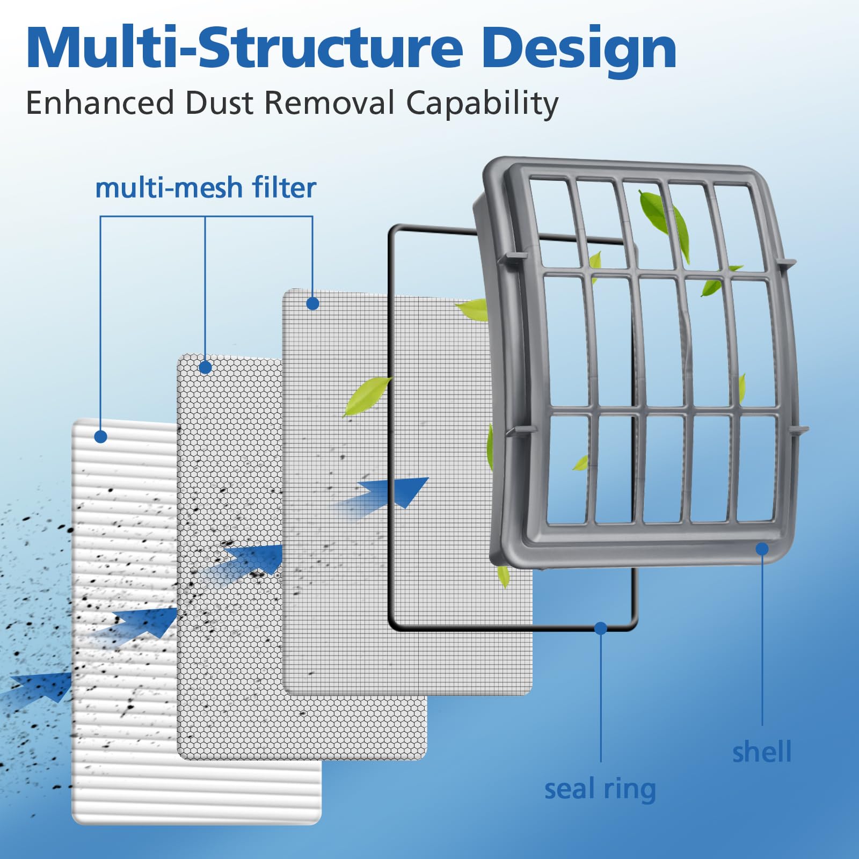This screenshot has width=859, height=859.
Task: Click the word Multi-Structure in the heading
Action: pos(244,48)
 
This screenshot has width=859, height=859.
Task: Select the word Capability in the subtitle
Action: pos(482,103)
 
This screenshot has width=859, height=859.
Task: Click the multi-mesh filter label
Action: pos(206,188)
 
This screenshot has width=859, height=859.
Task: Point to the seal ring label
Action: pos(600,789)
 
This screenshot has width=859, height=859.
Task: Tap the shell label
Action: pos(762,751)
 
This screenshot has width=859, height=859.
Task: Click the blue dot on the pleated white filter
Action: pos(100,436)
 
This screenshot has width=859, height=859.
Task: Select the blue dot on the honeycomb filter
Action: pos(205,367)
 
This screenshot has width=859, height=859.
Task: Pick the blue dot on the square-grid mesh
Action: pos(312,303)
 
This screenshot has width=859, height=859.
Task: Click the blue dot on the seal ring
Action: pos(601,628)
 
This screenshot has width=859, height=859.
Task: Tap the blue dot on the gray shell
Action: pos(762,549)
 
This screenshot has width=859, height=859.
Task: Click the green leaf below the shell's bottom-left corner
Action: pos(503,576)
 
